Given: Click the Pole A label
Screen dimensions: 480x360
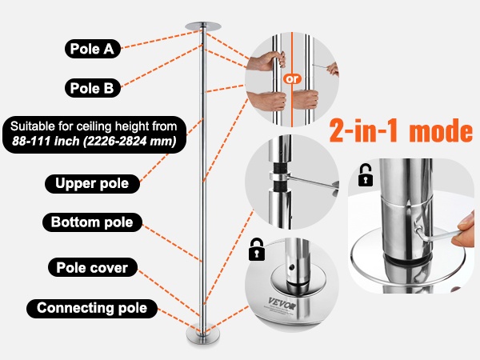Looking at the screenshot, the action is pyautogui.click(x=93, y=49).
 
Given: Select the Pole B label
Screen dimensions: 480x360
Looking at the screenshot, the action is pyautogui.click(x=93, y=88).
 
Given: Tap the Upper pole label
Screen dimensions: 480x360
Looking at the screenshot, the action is pyautogui.click(x=92, y=184).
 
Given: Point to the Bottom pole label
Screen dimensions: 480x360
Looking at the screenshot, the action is pyautogui.click(x=92, y=222).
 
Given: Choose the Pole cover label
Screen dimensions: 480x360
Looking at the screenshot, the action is pyautogui.click(x=93, y=267).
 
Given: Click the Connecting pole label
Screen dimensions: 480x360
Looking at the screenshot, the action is pyautogui.click(x=92, y=308).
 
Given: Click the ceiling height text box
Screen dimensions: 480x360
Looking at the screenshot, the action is pyautogui.click(x=94, y=134).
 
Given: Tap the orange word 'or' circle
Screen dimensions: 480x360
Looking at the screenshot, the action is pyautogui.click(x=292, y=79).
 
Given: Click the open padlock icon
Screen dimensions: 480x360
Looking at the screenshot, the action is pyautogui.click(x=366, y=175).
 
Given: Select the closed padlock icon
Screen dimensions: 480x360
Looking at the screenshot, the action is pyautogui.click(x=257, y=250).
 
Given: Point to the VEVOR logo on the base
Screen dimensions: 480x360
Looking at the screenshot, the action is pyautogui.click(x=282, y=303).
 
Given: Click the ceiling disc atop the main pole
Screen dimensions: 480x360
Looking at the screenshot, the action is pyautogui.click(x=202, y=26).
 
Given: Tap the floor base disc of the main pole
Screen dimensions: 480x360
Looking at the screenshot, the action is pyautogui.click(x=202, y=335).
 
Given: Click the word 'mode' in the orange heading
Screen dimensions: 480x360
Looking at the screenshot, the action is pyautogui.click(x=441, y=131).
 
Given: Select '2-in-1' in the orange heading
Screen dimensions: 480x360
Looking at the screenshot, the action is pyautogui.click(x=363, y=130).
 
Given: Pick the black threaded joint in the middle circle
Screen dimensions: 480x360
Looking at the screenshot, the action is pyautogui.click(x=279, y=177).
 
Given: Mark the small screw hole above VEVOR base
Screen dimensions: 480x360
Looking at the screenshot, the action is pyautogui.click(x=291, y=267).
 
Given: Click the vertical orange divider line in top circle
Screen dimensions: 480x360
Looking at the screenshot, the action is pyautogui.click(x=292, y=79).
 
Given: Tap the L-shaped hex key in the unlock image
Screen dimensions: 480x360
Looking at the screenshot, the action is pyautogui.click(x=434, y=233).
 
